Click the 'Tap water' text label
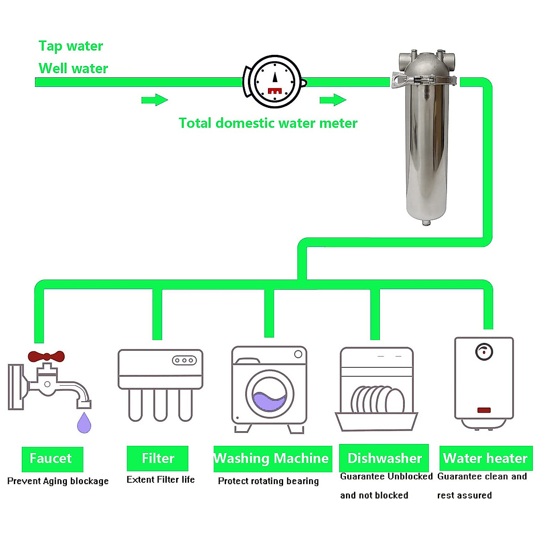pyautogui.click(x=70, y=46)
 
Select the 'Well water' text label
pyautogui.click(x=73, y=68)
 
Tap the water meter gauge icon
pyautogui.click(x=275, y=82)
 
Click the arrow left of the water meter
pyautogui.click(x=154, y=100)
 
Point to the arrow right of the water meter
pyautogui.click(x=333, y=100)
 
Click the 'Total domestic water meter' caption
pyautogui.click(x=268, y=123)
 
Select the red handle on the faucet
pyautogui.click(x=46, y=356)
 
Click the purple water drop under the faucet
pyautogui.click(x=84, y=423)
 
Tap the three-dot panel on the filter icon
pyautogui.click(x=184, y=360)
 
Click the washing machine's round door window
pyautogui.click(x=269, y=395)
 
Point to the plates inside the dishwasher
pyautogui.click(x=377, y=400)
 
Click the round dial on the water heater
pyautogui.click(x=484, y=352)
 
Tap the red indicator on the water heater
pyautogui.click(x=484, y=410)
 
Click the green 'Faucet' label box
pyautogui.click(x=52, y=459)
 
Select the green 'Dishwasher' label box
pyautogui.click(x=384, y=458)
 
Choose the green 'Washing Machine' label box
pyautogui.click(x=272, y=458)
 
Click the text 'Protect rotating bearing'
pyautogui.click(x=268, y=481)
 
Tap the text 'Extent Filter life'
pyautogui.click(x=160, y=480)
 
